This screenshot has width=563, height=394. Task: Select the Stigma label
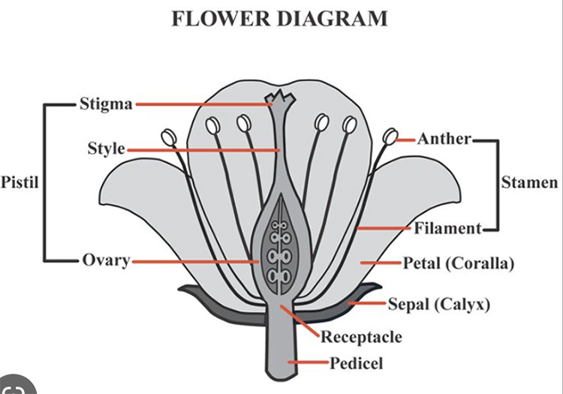tap(106, 104)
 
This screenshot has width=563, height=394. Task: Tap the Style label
tap(106, 149)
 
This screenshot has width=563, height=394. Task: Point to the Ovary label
tap(106, 260)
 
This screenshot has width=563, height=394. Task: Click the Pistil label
tap(20, 182)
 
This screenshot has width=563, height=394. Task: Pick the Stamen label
tap(529, 182)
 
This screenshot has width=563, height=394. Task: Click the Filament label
tap(447, 228)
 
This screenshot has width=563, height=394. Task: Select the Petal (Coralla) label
tap(458, 263)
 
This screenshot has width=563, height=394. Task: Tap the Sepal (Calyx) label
tap(438, 304)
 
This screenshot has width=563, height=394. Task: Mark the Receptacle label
tap(361, 337)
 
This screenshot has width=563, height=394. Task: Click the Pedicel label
tap(357, 364)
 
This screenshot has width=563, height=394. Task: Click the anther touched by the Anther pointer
tap(390, 137)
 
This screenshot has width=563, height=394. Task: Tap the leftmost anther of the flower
tap(167, 137)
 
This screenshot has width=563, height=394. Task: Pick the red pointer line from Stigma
tap(203, 104)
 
